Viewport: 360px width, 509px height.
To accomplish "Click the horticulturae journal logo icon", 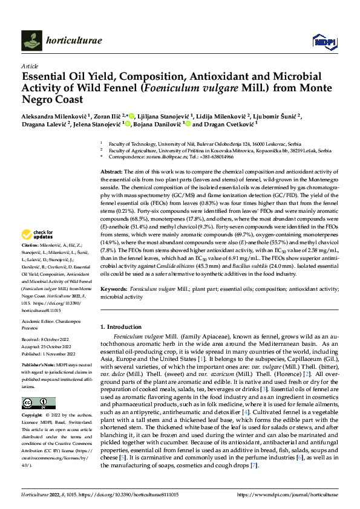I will (31, 41).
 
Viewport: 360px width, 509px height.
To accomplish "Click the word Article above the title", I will (29, 66).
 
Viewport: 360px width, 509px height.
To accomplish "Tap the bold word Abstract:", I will (112, 172).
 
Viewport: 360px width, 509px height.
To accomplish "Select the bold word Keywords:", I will (114, 290).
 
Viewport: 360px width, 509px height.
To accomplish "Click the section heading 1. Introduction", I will (124, 326).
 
